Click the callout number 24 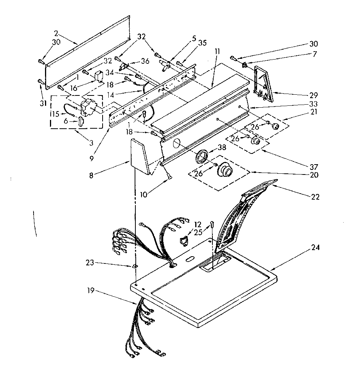tap(315, 247)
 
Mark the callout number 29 tap(313, 95)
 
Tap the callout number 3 tap(91, 143)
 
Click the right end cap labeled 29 tap(264, 84)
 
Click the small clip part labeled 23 tap(134, 265)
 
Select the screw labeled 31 tap(40, 81)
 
